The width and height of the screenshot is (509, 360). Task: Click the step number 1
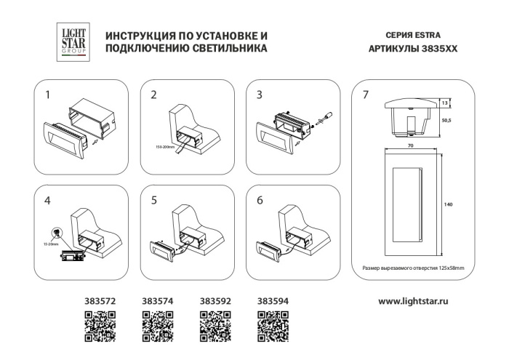click(x=48, y=95)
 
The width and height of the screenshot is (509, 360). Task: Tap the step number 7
click(x=366, y=95)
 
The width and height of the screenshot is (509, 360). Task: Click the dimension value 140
click(x=448, y=206)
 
